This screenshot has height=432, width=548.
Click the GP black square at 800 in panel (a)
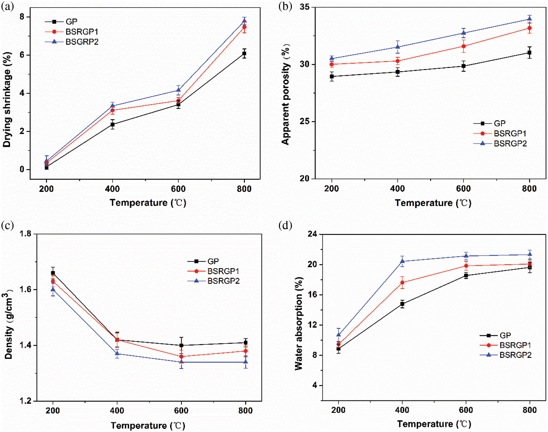(244, 53)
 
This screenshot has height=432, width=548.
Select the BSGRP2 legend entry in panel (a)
(82, 42)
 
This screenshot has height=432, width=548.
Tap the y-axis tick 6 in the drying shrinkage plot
(22, 55)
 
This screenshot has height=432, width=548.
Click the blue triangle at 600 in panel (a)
(179, 90)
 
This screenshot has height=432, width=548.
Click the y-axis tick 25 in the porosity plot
(305, 121)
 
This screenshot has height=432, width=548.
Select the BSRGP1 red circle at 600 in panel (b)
(463, 46)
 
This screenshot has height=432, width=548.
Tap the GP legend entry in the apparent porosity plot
(499, 123)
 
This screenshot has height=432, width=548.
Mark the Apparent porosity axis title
(286, 94)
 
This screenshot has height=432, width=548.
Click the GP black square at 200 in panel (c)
(53, 273)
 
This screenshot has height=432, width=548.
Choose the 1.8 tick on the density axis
(25, 234)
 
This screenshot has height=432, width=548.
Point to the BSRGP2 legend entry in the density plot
(223, 281)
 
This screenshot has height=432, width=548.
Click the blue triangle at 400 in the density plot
(117, 353)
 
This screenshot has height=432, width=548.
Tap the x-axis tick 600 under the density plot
(181, 411)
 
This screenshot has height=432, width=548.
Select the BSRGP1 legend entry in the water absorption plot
(515, 345)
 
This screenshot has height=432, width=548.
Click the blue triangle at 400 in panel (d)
(402, 261)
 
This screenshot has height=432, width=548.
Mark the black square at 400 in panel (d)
(402, 304)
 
